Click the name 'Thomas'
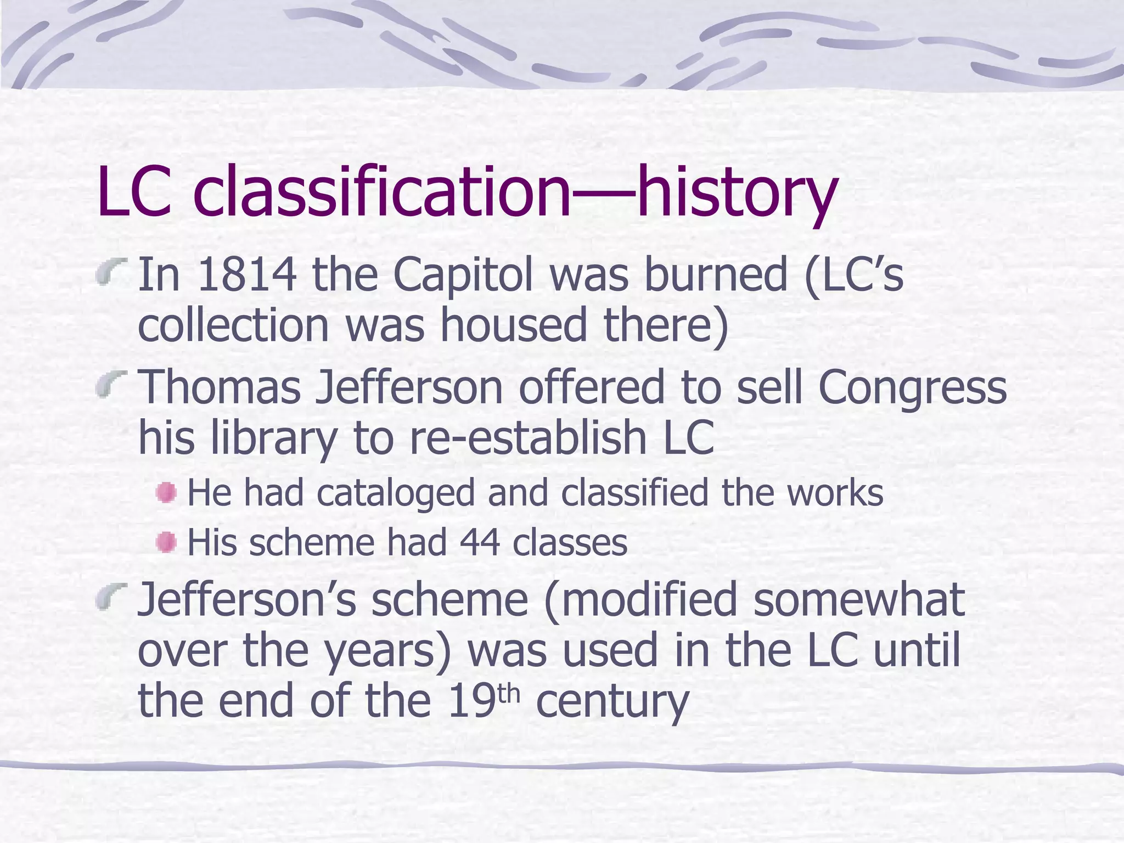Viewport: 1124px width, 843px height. [219, 387]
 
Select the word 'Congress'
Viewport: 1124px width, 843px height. [912, 387]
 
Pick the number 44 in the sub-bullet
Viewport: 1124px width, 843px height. [480, 543]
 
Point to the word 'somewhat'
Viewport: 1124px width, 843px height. [859, 599]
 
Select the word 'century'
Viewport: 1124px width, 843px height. [611, 701]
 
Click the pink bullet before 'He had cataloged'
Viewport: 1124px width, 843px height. [166, 492]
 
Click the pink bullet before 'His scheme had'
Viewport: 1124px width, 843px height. [166, 543]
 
